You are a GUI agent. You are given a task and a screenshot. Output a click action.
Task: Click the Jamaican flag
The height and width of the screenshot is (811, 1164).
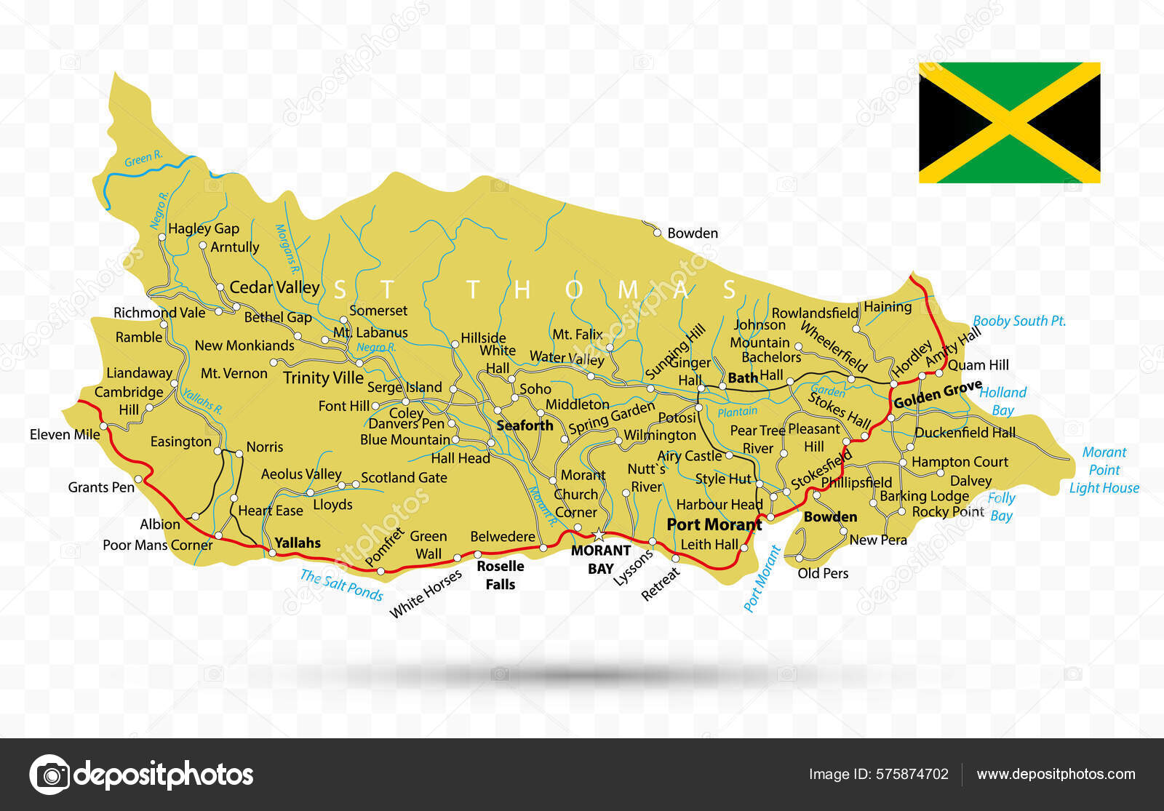(1009, 122)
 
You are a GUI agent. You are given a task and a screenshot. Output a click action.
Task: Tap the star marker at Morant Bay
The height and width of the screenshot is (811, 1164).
(599, 535)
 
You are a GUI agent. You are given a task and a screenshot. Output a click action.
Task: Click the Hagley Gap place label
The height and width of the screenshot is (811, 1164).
(203, 228)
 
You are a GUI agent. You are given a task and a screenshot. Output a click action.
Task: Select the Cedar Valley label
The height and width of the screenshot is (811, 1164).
(274, 287)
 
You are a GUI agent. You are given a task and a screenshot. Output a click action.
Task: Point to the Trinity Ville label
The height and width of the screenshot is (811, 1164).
(323, 377)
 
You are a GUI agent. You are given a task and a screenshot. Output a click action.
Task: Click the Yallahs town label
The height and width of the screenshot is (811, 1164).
(298, 543)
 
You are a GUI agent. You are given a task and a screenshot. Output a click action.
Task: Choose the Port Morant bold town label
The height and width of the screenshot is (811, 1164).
(714, 524)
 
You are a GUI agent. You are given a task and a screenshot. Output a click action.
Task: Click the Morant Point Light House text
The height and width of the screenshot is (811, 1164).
(1104, 470)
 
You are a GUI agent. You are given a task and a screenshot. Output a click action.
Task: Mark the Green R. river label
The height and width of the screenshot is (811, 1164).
(143, 158)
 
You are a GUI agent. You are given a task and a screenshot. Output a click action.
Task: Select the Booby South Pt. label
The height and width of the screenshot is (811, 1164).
(1018, 321)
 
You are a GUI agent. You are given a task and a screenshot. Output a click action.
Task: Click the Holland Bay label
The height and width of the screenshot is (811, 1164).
(1002, 401)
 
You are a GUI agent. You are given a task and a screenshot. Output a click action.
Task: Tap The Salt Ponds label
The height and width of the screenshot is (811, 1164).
(341, 585)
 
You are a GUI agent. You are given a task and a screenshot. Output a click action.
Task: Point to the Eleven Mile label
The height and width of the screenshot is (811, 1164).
(65, 434)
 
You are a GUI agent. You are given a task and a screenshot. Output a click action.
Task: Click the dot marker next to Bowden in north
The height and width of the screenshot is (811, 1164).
(657, 233)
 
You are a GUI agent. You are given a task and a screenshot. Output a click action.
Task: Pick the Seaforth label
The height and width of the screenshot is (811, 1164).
(525, 426)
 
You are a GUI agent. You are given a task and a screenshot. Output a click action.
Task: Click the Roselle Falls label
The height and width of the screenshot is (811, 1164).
(500, 575)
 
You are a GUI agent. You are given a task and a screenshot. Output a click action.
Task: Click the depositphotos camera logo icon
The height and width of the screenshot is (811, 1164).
(49, 775)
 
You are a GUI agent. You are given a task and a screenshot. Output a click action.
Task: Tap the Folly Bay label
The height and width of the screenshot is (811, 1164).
(1001, 507)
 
